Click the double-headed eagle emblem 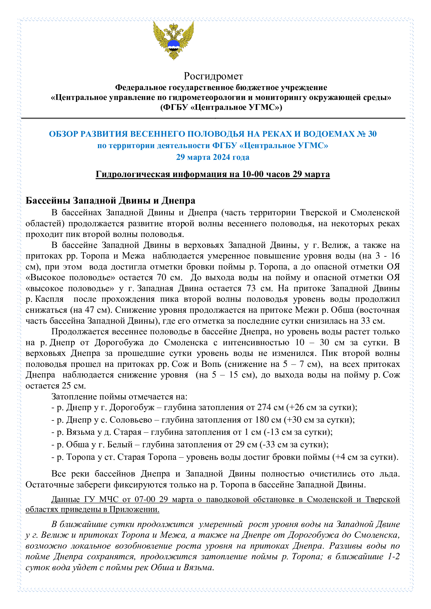[174, 40]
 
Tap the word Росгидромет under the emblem [213, 76]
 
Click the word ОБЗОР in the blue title [63, 134]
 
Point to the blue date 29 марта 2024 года [213, 157]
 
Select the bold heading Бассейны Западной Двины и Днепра [110, 200]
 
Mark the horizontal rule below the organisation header [213, 118]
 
